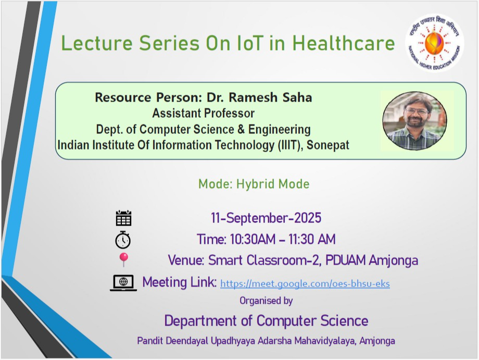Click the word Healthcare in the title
[x=344, y=43]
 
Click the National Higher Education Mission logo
[x=434, y=43]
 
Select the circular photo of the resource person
[x=415, y=121]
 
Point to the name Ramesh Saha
[x=270, y=97]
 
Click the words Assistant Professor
[x=204, y=113]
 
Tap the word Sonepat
[x=328, y=145]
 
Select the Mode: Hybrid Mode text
[x=254, y=184]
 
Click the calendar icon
[x=123, y=218]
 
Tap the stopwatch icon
[x=123, y=240]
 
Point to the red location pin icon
[x=123, y=260]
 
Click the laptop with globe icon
[x=123, y=283]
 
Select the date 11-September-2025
[x=266, y=218]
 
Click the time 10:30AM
[x=253, y=239]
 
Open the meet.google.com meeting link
[x=305, y=283]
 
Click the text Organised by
[x=266, y=301]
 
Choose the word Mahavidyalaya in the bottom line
[x=325, y=341]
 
